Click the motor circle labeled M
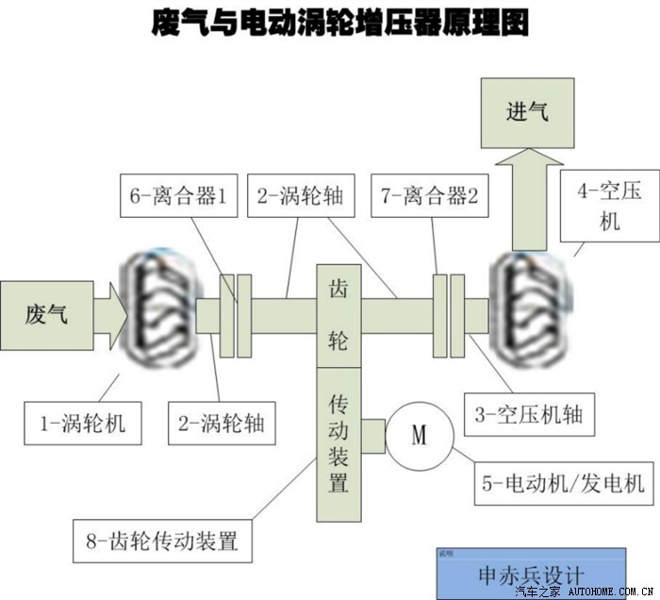pyautogui.click(x=419, y=435)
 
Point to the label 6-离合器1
pyautogui.click(x=179, y=197)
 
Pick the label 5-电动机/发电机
pyautogui.click(x=564, y=483)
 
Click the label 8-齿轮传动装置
pyautogui.click(x=162, y=542)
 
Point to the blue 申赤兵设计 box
pyautogui.click(x=531, y=572)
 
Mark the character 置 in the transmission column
pyautogui.click(x=338, y=483)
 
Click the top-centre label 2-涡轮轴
pyautogui.click(x=293, y=197)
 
